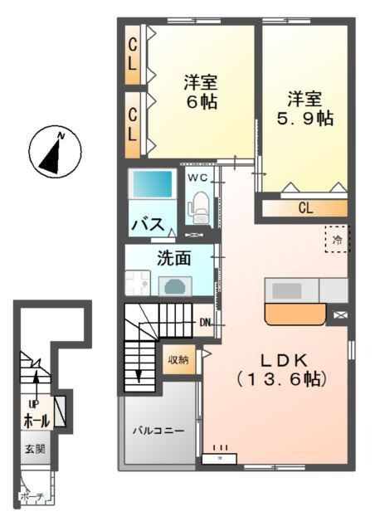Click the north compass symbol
pos(55,152)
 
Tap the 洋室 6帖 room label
pos(201,92)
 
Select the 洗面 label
pos(174,258)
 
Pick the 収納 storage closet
pos(178,359)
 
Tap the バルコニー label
pos(159,431)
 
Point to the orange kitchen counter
pos(295,314)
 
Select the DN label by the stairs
pos(206,323)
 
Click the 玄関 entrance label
pos(35,449)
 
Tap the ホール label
pos(36,421)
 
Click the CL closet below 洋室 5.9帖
pos(304,208)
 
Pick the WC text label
pos(197,178)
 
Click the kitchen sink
pos(288,290)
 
